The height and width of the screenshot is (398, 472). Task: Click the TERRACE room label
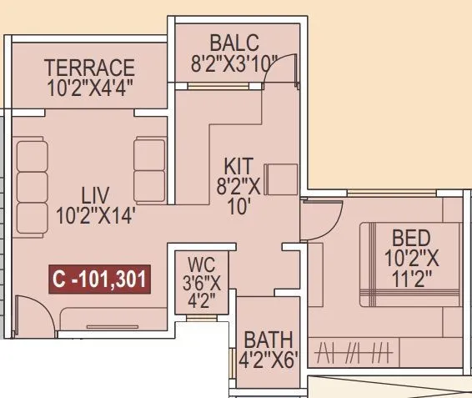pos(90,67)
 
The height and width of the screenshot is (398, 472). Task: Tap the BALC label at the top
pos(234,42)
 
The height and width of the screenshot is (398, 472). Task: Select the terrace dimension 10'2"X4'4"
pos(90,85)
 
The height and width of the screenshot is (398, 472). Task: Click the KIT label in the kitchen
pos(243,164)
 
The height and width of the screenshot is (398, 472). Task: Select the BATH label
pos(268,340)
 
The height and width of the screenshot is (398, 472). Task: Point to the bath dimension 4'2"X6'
pos(268,360)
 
